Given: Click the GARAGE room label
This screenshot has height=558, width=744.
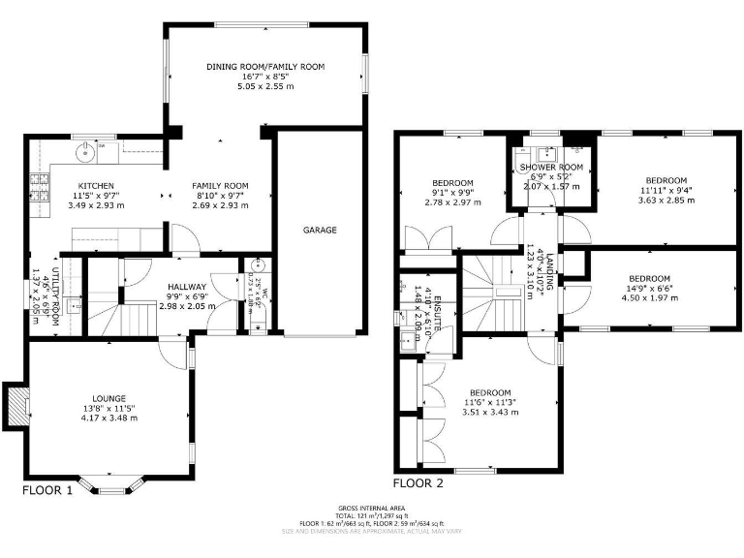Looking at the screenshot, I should coord(319,230).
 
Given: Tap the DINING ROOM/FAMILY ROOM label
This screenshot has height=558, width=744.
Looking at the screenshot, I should coord(264,67).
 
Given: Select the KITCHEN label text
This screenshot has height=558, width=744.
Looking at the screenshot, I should coord(96,186).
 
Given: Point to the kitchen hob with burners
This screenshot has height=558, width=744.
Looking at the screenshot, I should coord(41,189).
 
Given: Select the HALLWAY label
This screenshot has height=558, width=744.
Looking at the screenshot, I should coord(186,287).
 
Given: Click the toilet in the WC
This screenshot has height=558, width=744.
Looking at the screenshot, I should coord(257,268).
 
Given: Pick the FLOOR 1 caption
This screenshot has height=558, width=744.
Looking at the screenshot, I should coord(47,490).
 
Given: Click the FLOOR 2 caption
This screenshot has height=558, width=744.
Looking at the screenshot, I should coord(418,482).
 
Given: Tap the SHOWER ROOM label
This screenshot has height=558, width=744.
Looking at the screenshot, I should coord(550,168).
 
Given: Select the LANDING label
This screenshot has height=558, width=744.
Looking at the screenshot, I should coord(548,268).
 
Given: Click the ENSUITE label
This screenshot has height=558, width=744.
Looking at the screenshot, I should coord(437,314).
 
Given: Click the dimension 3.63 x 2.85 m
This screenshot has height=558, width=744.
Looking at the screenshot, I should coord(666,201).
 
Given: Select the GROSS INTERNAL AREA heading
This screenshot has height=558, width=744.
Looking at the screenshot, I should coord(372,509).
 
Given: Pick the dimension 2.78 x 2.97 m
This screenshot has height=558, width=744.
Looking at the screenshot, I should coord(452,202).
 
